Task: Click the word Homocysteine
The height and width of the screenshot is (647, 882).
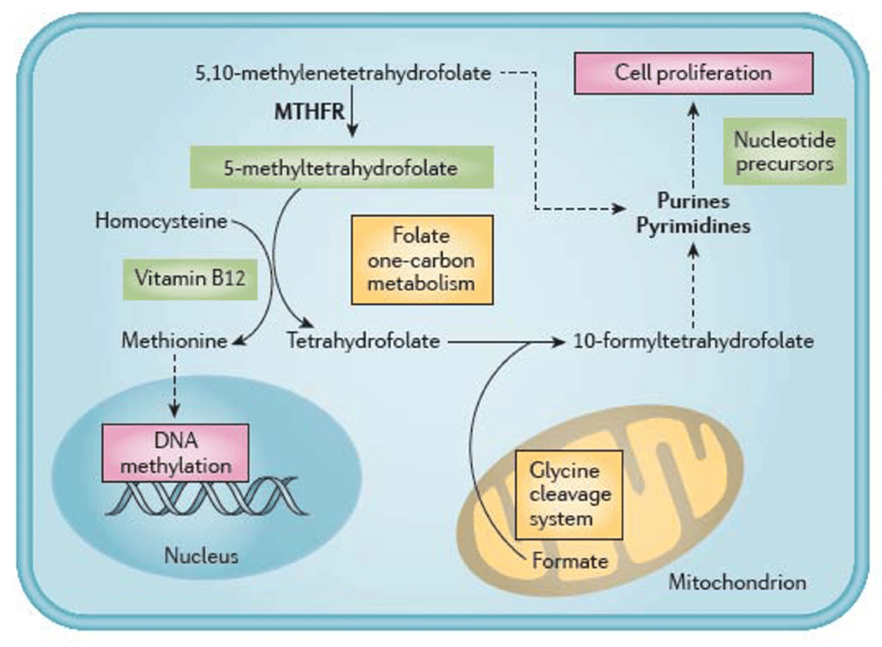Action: pyautogui.click(x=161, y=222)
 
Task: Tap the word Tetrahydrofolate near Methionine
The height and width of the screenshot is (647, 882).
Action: pyautogui.click(x=364, y=341)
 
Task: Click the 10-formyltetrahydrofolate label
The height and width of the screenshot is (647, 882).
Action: pyautogui.click(x=692, y=341)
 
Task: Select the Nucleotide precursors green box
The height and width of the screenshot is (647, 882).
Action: pyautogui.click(x=784, y=152)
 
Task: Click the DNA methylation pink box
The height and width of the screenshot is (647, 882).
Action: pyautogui.click(x=175, y=453)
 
